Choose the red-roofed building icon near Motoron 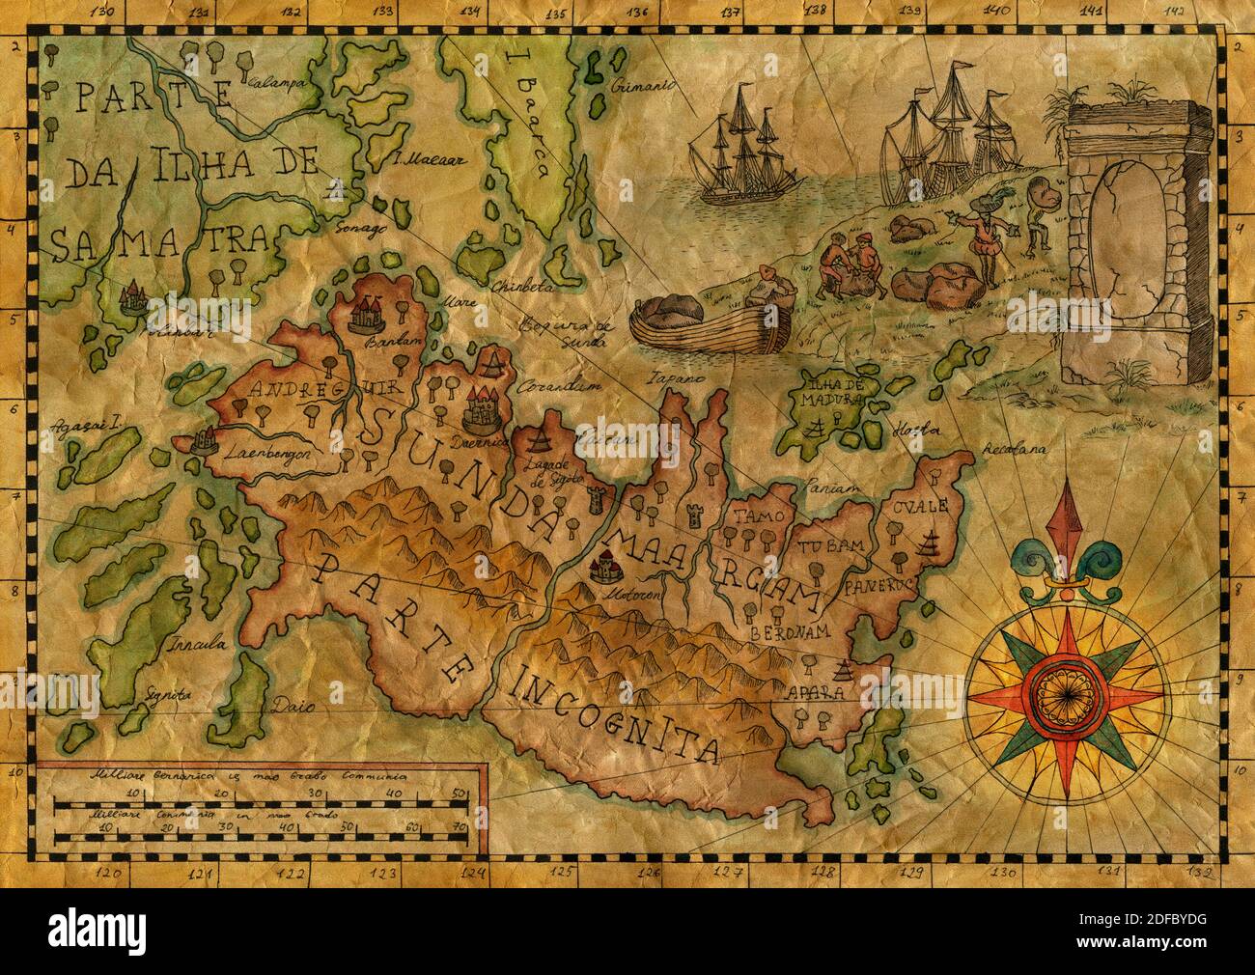(x=603, y=567)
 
